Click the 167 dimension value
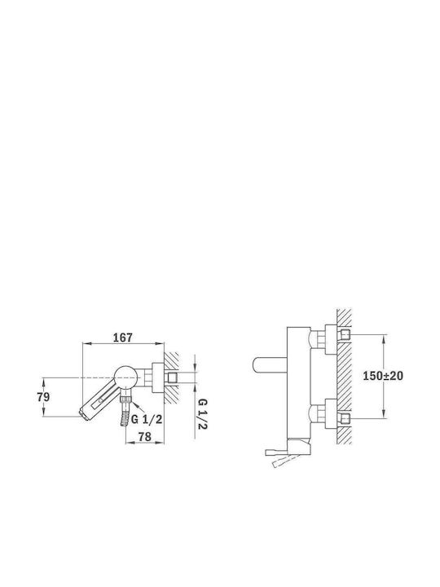point(123,338)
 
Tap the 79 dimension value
point(43,397)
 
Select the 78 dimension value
point(144,436)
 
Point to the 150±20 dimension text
point(383,376)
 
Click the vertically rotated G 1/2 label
point(202,414)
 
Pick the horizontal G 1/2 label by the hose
point(147,419)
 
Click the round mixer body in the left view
point(125,377)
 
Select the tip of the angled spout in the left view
point(82,414)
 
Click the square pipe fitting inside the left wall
point(173,377)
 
